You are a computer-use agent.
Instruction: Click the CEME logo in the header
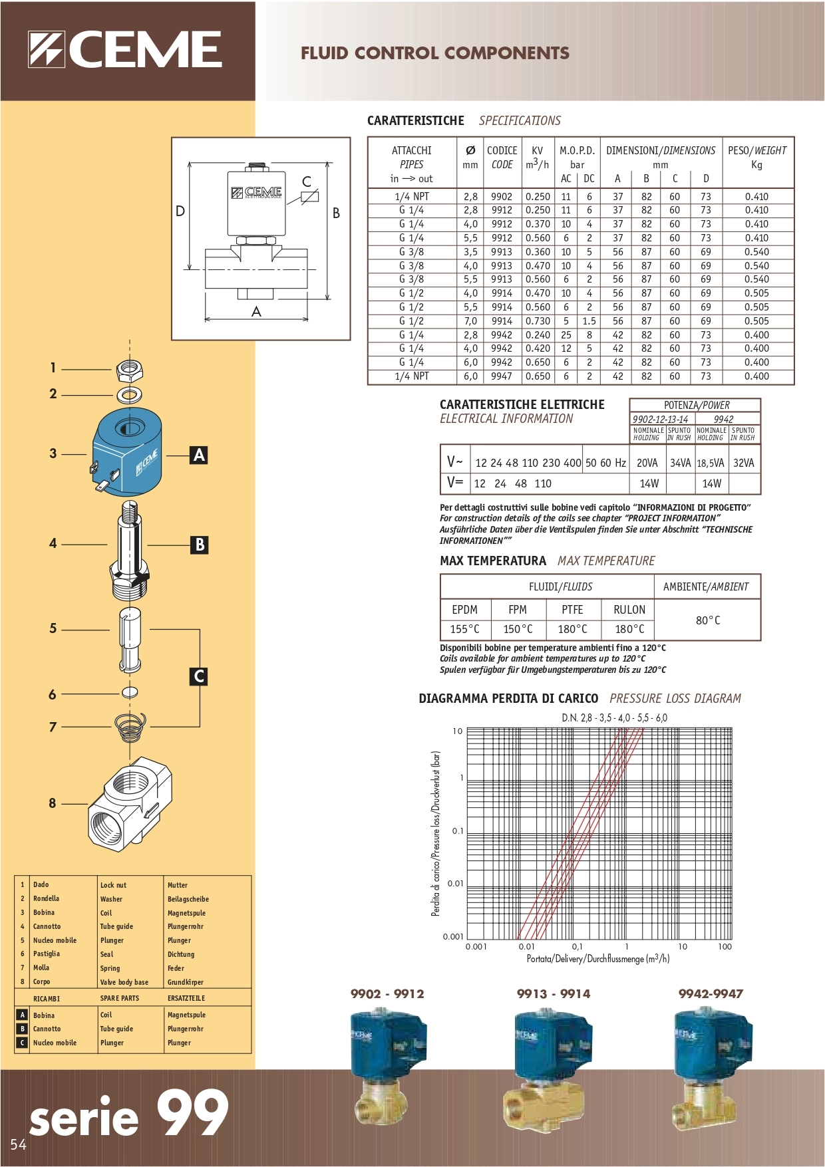(125, 50)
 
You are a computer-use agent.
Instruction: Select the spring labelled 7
(130, 727)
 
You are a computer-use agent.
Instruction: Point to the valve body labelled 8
(130, 803)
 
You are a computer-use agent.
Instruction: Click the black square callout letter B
(199, 545)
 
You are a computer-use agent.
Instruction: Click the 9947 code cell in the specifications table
(502, 376)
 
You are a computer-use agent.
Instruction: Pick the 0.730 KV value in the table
(538, 321)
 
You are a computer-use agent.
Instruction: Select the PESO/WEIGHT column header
(756, 157)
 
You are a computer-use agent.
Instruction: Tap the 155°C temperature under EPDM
(464, 629)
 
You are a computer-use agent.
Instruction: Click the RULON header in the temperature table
(629, 610)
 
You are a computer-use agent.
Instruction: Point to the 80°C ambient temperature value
(708, 620)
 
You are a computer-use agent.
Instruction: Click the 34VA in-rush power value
(680, 463)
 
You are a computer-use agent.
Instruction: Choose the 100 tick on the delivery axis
(725, 947)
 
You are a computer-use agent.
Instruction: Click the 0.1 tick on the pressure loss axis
(458, 831)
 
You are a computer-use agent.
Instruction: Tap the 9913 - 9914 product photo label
(554, 993)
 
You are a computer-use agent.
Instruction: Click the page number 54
(18, 1144)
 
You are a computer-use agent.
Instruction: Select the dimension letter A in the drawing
(256, 311)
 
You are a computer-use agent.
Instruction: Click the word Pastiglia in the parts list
(47, 954)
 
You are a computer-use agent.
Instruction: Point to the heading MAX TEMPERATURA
(492, 561)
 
